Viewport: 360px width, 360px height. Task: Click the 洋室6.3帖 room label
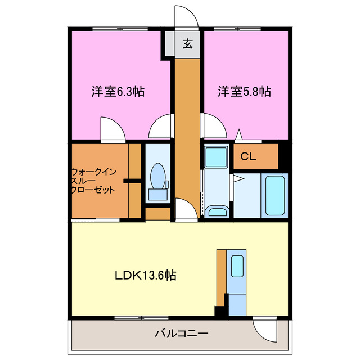click(118, 91)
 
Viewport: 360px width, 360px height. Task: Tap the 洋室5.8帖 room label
click(245, 91)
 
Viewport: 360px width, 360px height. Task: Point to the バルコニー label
click(181, 334)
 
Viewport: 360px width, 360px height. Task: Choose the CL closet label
click(249, 157)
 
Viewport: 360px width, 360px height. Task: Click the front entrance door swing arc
click(186, 15)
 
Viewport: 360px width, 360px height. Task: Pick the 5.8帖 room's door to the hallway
click(212, 125)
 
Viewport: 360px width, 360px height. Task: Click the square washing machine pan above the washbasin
click(215, 155)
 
